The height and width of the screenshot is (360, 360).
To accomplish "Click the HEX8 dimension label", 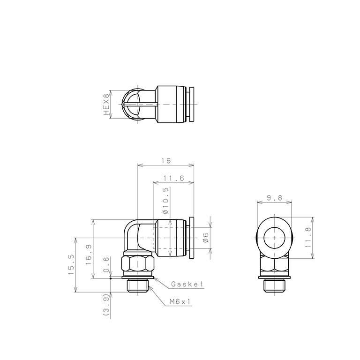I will coord(106,104).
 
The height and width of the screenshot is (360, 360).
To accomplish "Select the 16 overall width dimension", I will coord(165,160).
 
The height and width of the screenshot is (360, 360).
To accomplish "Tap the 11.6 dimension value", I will coord(173,178).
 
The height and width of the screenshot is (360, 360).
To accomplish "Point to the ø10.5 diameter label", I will coord(165,201).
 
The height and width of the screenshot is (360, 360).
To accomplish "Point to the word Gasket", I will coord(187,284).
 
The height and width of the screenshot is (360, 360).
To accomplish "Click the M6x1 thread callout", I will coord(180,302).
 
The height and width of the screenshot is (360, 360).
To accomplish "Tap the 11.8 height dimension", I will coord(307,238).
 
